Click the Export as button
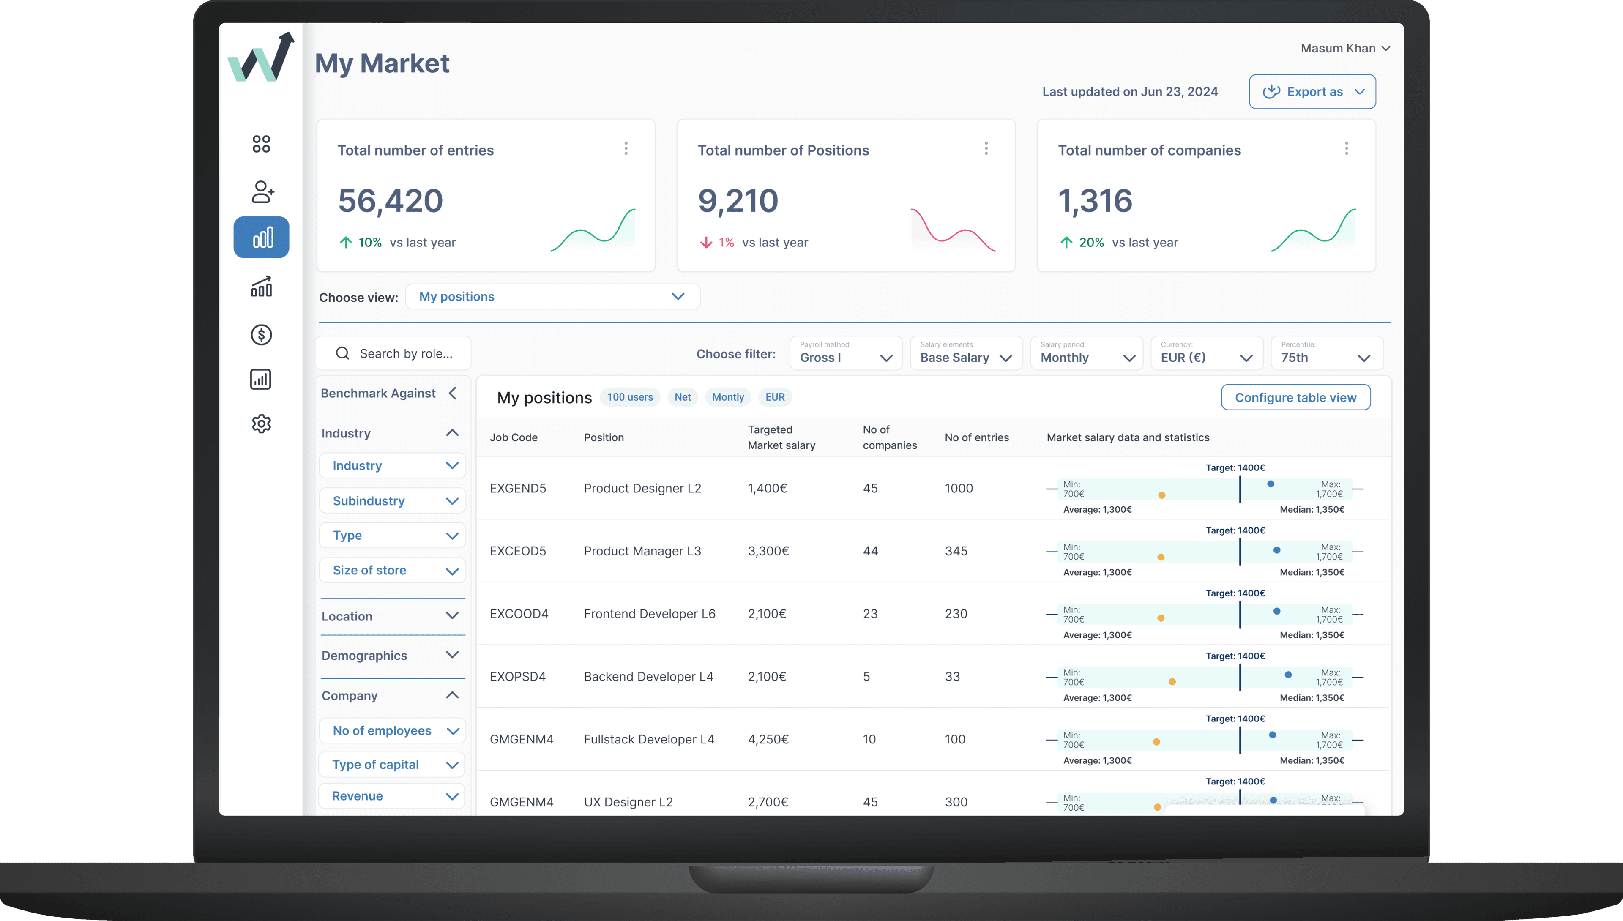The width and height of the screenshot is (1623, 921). pos(1312,92)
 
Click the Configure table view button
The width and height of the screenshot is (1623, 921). pos(1295,397)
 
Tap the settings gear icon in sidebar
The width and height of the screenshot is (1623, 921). pos(261,424)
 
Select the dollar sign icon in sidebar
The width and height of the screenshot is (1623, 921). pos(261,335)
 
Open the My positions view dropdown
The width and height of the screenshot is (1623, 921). pos(552,297)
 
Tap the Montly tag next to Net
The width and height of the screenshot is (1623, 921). pos(727,397)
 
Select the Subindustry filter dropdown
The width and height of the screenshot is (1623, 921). pos(392,501)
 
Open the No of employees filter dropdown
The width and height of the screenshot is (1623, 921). pos(392,731)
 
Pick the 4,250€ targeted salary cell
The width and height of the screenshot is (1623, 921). pos(768,739)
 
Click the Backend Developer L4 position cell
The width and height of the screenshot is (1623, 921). pos(648,677)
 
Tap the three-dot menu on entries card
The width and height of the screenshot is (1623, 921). pos(626,149)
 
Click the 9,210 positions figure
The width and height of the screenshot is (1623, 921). pos(738,201)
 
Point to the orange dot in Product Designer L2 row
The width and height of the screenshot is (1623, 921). pos(1161,495)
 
